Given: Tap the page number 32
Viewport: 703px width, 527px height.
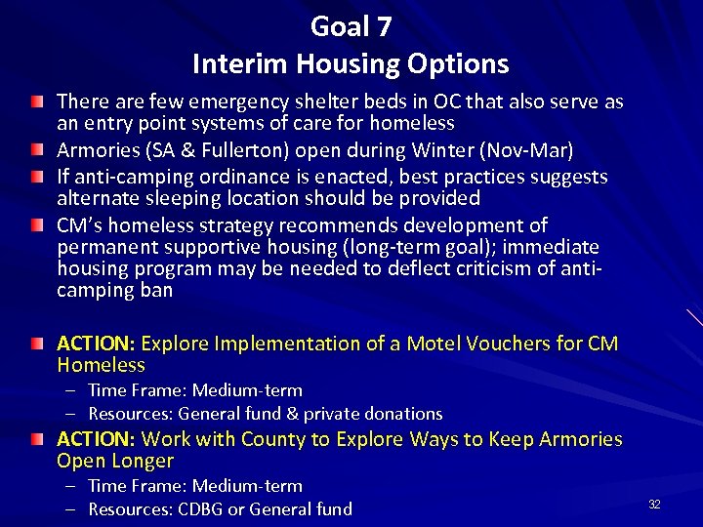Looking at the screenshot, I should coord(654,504).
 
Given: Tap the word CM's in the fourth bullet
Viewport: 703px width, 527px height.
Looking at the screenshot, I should coord(79,225).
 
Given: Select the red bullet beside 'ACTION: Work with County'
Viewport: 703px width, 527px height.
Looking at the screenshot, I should coord(36,440).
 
